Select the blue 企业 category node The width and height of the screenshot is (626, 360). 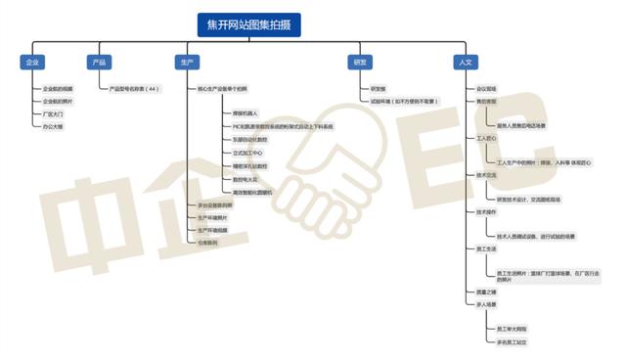[32, 62]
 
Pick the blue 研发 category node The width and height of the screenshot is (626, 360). [360, 62]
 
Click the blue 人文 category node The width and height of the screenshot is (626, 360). [465, 62]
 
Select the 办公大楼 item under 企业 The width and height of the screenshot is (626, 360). [53, 126]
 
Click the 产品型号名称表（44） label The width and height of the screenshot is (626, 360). [134, 88]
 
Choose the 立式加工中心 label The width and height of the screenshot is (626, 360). [248, 154]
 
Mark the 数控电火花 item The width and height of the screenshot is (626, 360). [246, 179]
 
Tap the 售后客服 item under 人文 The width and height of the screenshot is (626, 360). [486, 101]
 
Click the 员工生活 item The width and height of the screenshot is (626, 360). [486, 249]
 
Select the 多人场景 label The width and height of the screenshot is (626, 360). [486, 304]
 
